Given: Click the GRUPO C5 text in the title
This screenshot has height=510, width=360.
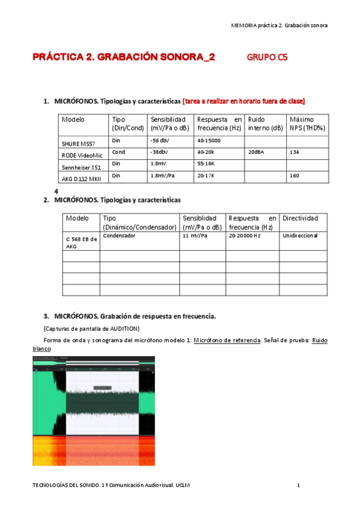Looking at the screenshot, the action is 267,58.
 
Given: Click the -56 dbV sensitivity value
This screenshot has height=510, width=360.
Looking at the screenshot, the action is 159,141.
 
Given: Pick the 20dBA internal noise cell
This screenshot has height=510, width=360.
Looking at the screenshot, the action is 257,152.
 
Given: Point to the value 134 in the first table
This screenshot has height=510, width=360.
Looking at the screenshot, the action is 294,152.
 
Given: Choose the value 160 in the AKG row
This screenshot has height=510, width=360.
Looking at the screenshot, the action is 294,176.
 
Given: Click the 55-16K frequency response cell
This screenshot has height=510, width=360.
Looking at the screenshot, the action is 207,164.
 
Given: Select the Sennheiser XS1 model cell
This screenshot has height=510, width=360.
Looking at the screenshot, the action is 81,167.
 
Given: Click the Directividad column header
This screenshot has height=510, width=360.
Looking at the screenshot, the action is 300,218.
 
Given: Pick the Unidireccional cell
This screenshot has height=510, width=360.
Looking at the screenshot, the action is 300,236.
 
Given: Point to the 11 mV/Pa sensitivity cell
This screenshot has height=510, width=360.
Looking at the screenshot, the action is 195,236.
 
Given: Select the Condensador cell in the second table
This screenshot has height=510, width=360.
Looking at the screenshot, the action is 119,236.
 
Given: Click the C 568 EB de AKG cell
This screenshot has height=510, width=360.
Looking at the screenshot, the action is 81,242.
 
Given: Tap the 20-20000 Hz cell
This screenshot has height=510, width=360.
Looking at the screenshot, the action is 244,236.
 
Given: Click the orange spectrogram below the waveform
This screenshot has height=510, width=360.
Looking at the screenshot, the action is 93,451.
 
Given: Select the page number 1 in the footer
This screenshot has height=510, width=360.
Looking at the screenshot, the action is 298,485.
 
